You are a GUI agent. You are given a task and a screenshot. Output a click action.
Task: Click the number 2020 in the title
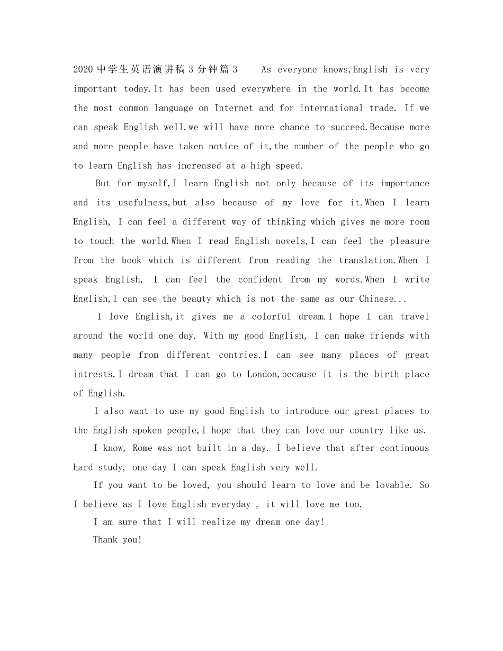(x=83, y=69)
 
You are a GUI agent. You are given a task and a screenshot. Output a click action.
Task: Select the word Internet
(x=233, y=108)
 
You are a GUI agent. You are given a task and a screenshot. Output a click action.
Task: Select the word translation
(x=366, y=260)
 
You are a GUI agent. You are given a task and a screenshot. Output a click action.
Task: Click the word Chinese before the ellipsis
(x=376, y=299)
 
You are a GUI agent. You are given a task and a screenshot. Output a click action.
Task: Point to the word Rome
(x=142, y=448)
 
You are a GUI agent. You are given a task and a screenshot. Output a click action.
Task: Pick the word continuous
(x=404, y=448)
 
